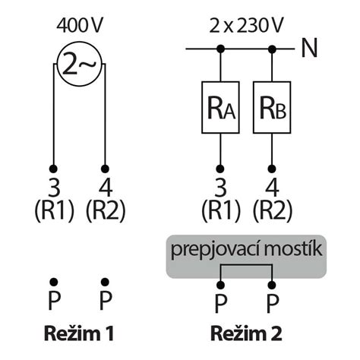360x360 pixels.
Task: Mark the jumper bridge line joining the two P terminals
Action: pos(245,267)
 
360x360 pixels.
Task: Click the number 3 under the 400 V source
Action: pos(53,186)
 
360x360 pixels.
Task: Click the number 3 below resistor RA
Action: pos(220,186)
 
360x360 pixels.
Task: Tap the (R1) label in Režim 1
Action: pos(53,210)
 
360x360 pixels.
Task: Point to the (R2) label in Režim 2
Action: pos(272,210)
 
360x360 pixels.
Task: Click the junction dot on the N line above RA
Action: pos(220,50)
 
